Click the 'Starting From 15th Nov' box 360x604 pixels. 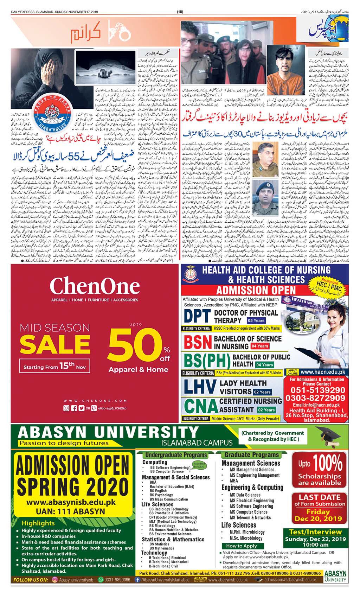[55, 366]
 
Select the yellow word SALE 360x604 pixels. [55, 344]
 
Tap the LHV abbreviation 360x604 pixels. [200, 387]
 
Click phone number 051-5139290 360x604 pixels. [317, 390]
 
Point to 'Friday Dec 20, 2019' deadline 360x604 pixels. [318, 515]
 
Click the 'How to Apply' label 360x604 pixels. [241, 546]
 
